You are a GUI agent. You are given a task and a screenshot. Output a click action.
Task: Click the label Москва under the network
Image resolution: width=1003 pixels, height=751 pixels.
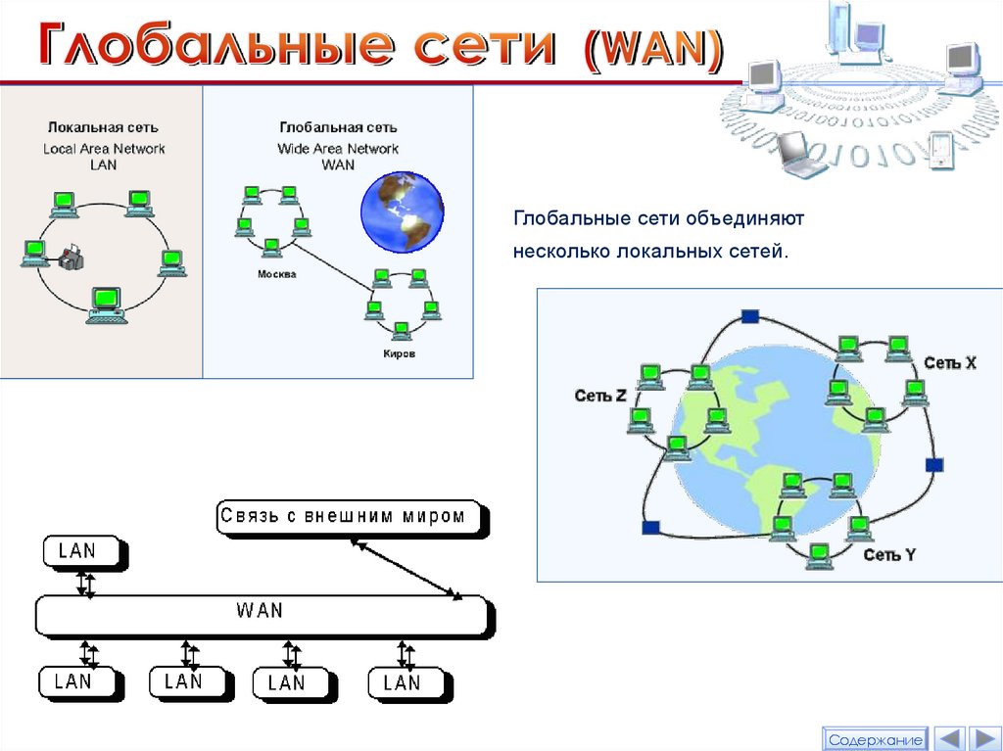coord(276,274)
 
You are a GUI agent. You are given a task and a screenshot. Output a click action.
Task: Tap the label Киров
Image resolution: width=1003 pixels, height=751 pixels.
coord(399,353)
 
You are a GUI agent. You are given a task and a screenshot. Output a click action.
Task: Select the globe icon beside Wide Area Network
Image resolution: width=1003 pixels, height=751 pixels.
coord(402,211)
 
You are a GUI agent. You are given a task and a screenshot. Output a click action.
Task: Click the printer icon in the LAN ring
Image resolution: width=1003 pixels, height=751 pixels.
coord(71,258)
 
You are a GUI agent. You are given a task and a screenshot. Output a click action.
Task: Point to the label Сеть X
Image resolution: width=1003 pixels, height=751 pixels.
coord(949,363)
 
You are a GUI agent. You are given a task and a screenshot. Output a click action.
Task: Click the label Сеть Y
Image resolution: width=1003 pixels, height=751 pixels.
coord(889,555)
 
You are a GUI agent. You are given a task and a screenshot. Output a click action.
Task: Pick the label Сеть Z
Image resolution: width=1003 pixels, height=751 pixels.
coord(599,396)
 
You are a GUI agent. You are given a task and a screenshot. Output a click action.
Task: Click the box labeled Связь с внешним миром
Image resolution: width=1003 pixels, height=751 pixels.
coord(351,516)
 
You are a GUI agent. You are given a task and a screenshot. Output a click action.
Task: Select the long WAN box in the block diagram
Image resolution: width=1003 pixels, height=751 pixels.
coord(261,613)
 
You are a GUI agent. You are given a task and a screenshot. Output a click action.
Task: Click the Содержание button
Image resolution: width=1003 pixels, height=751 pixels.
coord(875,739)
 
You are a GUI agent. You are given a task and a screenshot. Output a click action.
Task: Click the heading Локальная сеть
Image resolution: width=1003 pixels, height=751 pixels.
coord(103,127)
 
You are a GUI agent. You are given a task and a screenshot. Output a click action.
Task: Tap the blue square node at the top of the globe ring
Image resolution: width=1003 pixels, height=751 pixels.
coord(750,315)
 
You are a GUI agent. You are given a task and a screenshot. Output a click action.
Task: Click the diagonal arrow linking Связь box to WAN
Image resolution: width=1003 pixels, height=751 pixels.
coord(408,569)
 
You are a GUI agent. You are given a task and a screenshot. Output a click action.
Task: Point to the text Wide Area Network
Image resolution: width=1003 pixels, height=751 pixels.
coord(338,149)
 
